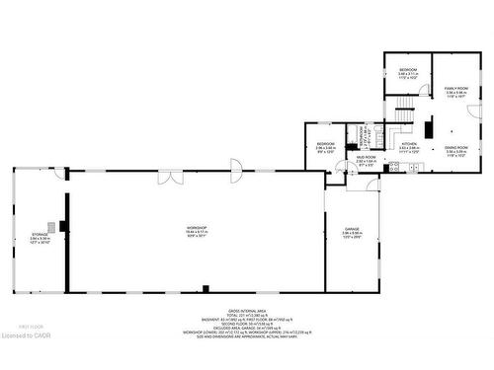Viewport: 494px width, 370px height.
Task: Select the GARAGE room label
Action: [351, 229]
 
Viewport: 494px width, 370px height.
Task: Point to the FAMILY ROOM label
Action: [454, 88]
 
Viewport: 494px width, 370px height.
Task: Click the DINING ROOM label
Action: [454, 148]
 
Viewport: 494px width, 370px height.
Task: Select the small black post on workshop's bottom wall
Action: [205, 288]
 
